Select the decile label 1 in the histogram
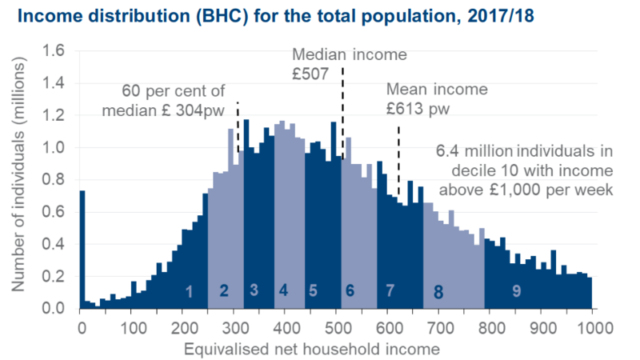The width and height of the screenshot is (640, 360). [x=189, y=292]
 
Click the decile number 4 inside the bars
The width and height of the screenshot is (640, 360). [x=283, y=290]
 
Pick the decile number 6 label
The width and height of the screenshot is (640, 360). [x=350, y=290]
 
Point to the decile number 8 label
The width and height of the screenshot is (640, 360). [x=438, y=293]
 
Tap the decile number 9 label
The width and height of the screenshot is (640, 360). [x=517, y=291]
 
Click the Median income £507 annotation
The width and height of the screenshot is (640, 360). [x=349, y=66]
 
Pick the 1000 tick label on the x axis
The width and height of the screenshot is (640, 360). [x=593, y=327]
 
